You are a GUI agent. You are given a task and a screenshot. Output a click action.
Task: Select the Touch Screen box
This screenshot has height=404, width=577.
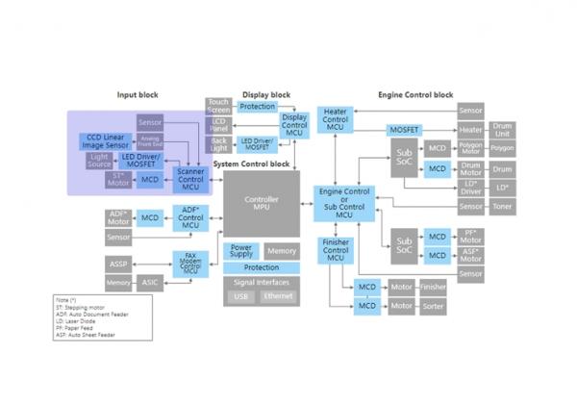click(218, 107)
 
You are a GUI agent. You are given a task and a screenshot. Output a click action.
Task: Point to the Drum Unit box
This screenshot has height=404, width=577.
click(502, 129)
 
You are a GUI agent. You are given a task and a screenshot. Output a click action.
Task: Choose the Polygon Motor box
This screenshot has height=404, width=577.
click(470, 148)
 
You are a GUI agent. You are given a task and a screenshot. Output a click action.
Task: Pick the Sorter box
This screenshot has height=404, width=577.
click(433, 306)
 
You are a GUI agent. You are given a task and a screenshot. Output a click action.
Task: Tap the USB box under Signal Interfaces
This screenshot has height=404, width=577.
click(240, 297)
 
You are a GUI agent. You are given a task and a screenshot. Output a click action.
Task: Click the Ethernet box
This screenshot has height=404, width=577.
click(278, 297)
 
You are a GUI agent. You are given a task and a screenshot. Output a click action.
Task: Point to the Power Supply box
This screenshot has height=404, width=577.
click(240, 251)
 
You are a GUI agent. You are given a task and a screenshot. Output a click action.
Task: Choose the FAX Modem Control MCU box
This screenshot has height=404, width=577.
click(190, 262)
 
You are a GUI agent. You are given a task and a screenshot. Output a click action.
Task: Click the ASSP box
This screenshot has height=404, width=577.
click(118, 263)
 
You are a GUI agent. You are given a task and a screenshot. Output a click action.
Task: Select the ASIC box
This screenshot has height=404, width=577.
click(150, 283)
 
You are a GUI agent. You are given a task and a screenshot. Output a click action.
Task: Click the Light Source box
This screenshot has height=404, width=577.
click(100, 160)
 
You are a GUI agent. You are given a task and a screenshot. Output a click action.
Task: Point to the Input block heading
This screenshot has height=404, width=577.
click(137, 94)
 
